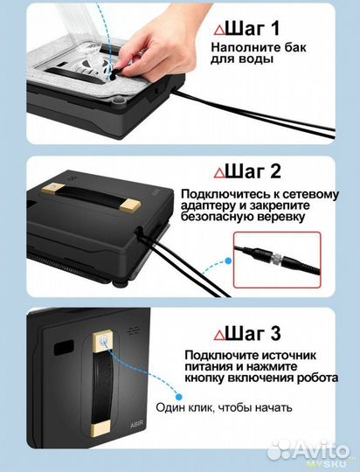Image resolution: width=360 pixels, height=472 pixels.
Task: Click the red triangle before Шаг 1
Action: point(218,29)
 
